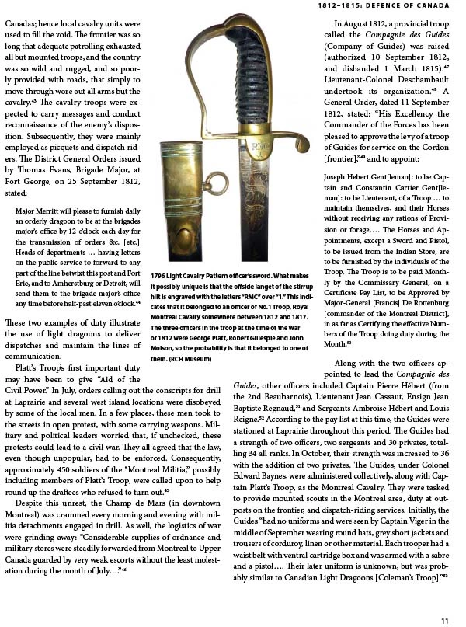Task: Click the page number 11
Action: (445, 619)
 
